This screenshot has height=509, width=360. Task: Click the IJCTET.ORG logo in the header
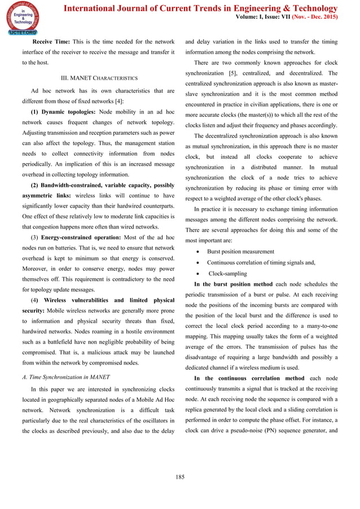pyautogui.click(x=21, y=19)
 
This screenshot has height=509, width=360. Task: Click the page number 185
pyautogui.click(x=180, y=478)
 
